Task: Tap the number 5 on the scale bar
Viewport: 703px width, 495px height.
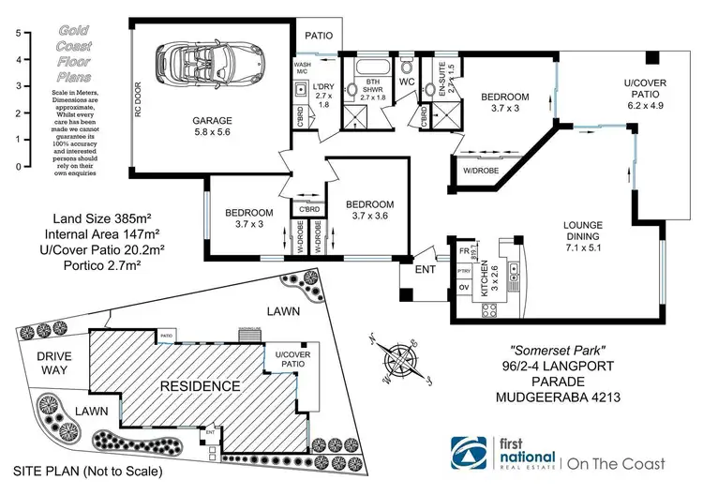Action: (17, 33)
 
